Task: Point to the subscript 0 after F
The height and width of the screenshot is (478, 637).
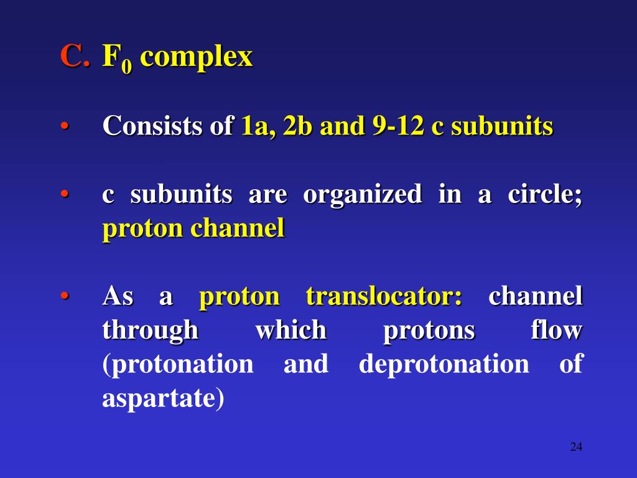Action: (x=128, y=67)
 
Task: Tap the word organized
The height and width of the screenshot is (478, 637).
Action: (x=363, y=195)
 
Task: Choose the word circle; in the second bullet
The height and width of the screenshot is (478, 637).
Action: (x=545, y=194)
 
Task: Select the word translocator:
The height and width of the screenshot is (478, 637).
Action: (x=384, y=297)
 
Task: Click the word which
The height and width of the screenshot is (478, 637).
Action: (x=291, y=330)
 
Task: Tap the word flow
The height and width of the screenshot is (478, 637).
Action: (x=557, y=330)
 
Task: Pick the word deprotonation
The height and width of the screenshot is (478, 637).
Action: (x=444, y=364)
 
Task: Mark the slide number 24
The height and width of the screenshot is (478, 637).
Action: (x=575, y=447)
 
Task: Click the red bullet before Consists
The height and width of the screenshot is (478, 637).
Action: (x=65, y=127)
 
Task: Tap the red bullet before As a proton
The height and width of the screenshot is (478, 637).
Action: (x=65, y=296)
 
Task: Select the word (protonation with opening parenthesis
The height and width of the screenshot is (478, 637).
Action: (x=177, y=365)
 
